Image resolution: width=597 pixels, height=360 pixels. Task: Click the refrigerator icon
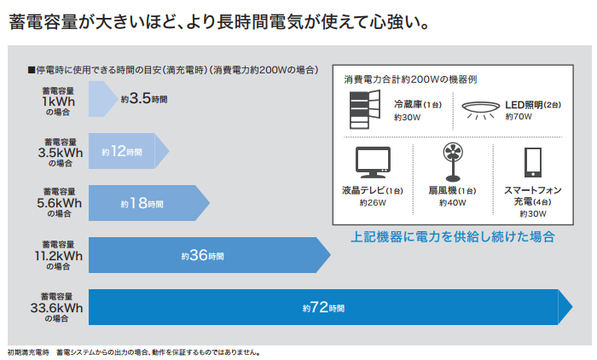365,109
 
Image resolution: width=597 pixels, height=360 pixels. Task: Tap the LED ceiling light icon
480,109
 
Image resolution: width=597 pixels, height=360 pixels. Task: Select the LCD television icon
373,162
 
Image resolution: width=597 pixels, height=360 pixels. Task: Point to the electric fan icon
453,162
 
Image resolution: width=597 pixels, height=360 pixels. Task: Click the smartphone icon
533,163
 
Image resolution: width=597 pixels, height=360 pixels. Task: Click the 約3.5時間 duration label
144,99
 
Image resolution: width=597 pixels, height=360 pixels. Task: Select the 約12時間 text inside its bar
122,151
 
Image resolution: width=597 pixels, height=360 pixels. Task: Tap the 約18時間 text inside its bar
142,203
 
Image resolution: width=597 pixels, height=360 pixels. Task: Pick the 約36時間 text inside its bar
203,255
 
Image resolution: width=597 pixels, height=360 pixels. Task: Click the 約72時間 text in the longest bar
323,307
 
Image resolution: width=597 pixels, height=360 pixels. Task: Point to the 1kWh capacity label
58,102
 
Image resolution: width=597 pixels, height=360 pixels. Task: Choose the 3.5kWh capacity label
61,153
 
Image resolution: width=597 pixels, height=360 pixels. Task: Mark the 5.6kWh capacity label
60,203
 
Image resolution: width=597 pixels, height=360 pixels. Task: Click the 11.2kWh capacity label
59,256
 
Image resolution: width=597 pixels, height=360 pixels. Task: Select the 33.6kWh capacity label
57,308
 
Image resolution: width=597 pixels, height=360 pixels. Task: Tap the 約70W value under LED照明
519,117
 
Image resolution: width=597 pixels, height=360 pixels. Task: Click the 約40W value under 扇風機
453,203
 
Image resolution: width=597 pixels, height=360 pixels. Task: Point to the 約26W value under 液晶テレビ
373,203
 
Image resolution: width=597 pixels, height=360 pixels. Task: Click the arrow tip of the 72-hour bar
572,306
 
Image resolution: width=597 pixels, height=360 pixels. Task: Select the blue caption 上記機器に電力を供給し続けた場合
453,237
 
